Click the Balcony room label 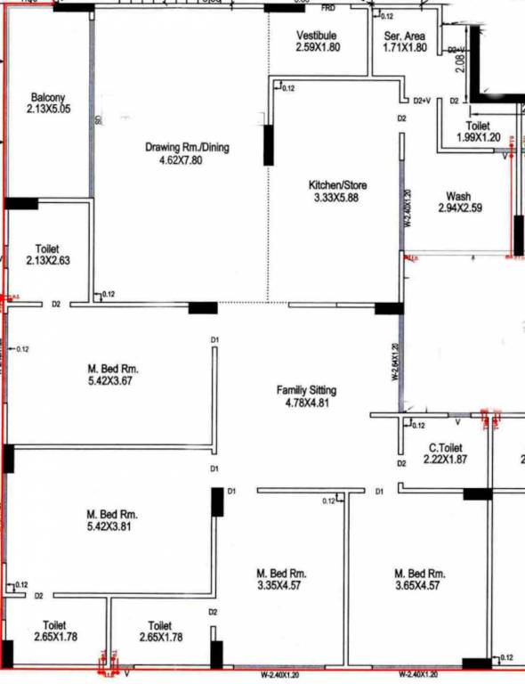point(48,97)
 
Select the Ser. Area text point(405,36)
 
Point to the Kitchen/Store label point(337,185)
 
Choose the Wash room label point(459,197)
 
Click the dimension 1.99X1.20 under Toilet point(479,138)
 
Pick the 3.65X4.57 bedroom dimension point(420,585)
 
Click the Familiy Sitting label point(306,390)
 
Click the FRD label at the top point(328,8)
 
